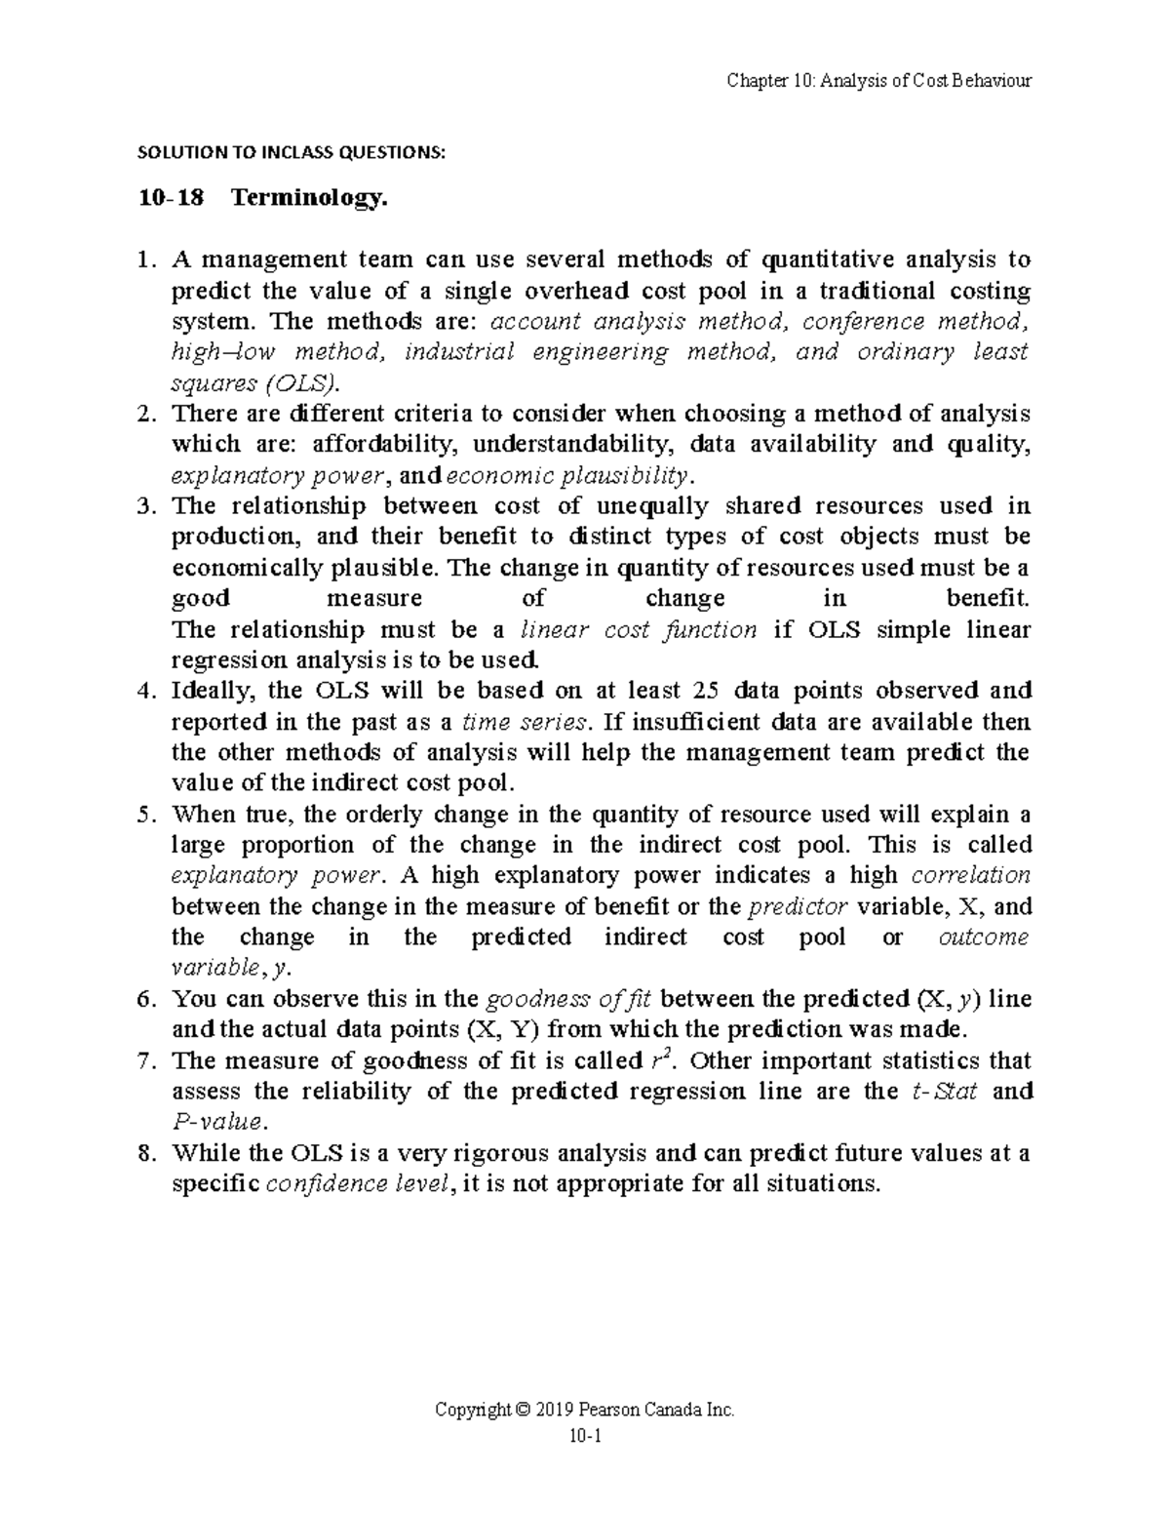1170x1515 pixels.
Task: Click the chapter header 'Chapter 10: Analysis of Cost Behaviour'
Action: tap(878, 80)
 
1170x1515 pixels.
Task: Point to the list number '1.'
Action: tap(147, 259)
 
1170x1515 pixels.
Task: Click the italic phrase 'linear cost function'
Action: tap(640, 629)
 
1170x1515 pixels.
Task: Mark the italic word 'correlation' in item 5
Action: tap(970, 875)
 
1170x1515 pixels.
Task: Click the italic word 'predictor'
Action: tap(798, 906)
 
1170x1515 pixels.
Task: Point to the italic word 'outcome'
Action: tap(982, 937)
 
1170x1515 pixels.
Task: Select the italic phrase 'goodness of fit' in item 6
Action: tap(571, 999)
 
